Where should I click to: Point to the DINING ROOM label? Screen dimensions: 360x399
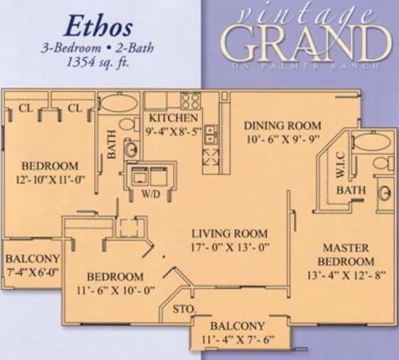pos(283,126)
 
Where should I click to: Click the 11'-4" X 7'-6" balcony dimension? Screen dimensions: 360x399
pos(239,339)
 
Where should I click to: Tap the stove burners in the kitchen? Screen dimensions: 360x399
pos(190,100)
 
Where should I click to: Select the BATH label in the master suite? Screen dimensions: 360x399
pos(351,190)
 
